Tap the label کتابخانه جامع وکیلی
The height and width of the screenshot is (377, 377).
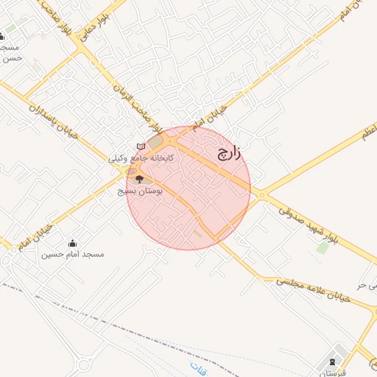141,158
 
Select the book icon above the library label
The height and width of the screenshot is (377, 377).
141,146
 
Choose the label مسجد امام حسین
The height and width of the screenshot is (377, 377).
72,254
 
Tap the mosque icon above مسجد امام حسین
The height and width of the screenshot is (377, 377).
72,243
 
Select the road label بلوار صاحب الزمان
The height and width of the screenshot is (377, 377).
140,103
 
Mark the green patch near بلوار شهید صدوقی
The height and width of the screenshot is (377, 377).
322,247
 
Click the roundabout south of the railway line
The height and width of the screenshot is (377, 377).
82,364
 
